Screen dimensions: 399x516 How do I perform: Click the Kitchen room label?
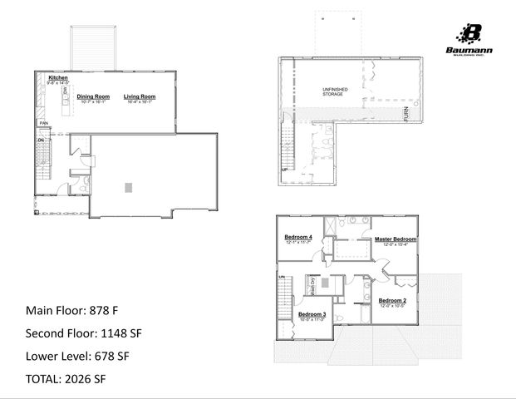(x=57, y=78)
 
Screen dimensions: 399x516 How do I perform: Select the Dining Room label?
(x=93, y=96)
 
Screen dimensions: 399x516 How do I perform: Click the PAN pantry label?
(x=42, y=123)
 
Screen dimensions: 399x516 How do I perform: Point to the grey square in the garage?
(x=127, y=188)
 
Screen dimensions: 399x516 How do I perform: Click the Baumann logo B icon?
(x=471, y=34)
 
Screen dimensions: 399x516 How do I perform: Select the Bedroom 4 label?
(x=298, y=238)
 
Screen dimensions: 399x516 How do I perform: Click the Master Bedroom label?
(x=395, y=239)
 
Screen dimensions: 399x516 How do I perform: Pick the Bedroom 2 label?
(x=392, y=299)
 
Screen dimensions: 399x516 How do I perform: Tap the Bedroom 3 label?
(x=312, y=314)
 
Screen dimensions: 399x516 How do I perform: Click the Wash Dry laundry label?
(x=312, y=284)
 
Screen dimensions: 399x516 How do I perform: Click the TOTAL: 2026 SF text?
(x=66, y=379)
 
